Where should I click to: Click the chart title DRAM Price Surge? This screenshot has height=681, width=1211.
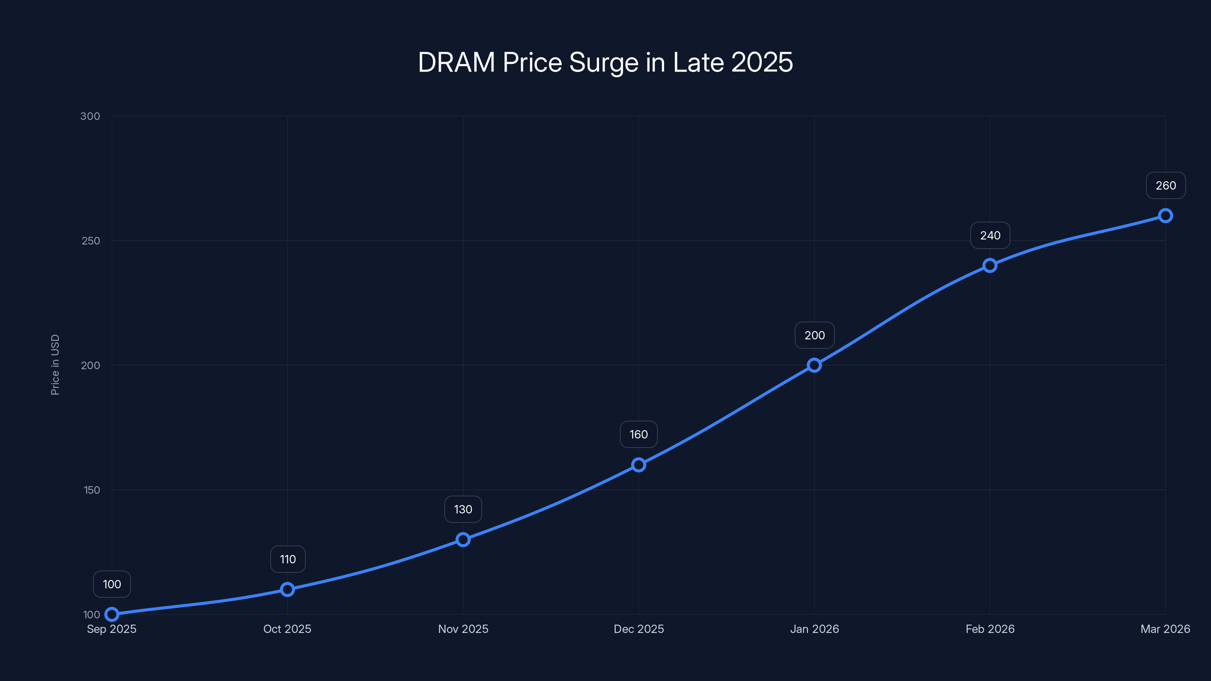tap(605, 62)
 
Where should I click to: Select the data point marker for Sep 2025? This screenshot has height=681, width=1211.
tap(112, 614)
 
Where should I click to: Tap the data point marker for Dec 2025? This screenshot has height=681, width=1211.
tap(638, 465)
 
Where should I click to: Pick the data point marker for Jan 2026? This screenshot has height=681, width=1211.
tap(814, 365)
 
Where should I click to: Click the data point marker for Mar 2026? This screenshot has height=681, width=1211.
tap(1166, 216)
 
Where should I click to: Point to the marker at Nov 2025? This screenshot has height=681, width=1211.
tap(463, 540)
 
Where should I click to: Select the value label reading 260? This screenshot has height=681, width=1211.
tap(1166, 186)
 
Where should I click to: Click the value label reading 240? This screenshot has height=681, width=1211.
tap(990, 235)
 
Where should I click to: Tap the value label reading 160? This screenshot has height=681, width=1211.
tap(638, 434)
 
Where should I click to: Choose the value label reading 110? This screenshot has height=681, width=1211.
tap(288, 559)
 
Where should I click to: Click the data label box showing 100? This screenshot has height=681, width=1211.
tap(112, 584)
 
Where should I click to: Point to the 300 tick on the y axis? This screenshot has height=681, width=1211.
tap(90, 116)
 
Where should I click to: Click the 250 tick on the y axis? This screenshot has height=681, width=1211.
tap(91, 241)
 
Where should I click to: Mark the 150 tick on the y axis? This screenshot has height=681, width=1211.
tap(92, 490)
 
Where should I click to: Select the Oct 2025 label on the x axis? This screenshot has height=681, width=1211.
tap(287, 629)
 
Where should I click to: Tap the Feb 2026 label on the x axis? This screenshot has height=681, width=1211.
tap(990, 629)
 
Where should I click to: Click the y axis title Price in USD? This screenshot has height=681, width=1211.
tap(55, 365)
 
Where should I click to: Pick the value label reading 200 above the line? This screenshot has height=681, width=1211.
tap(814, 335)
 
